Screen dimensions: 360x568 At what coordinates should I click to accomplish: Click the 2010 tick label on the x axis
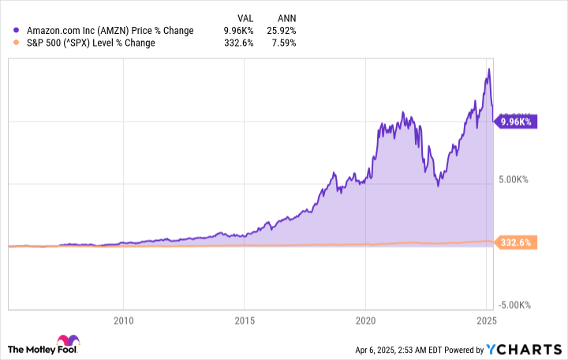122,321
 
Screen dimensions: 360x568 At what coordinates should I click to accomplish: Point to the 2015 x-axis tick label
244,321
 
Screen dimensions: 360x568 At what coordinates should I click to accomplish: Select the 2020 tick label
365,321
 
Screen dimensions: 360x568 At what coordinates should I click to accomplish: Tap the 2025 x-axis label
487,321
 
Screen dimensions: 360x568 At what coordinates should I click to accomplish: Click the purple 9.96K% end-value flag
516,122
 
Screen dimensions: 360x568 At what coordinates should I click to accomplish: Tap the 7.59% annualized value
283,43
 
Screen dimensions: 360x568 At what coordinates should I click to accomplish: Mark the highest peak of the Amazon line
489,69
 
